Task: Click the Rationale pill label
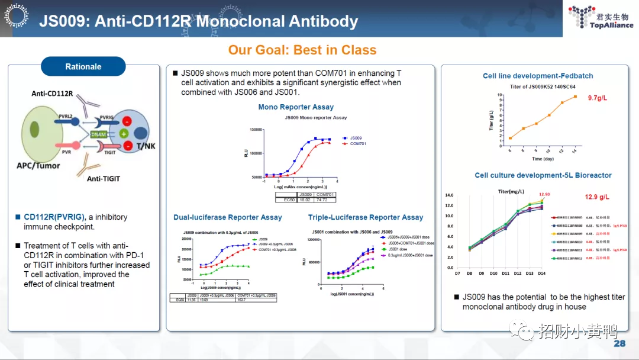coord(83,67)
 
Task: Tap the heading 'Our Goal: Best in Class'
coord(302,50)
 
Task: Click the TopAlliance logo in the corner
coord(600,18)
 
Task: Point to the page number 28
coord(619,344)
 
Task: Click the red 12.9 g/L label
coord(597,197)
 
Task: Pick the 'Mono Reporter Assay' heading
coord(296,107)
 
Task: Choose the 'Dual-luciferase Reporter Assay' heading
coord(228,217)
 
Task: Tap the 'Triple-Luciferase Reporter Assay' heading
coord(366,217)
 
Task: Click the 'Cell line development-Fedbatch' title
coord(538,76)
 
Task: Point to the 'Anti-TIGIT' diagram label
coord(104,178)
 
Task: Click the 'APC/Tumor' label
coord(38,166)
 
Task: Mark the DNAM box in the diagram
coord(99,135)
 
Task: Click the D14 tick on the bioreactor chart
coord(541,273)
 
